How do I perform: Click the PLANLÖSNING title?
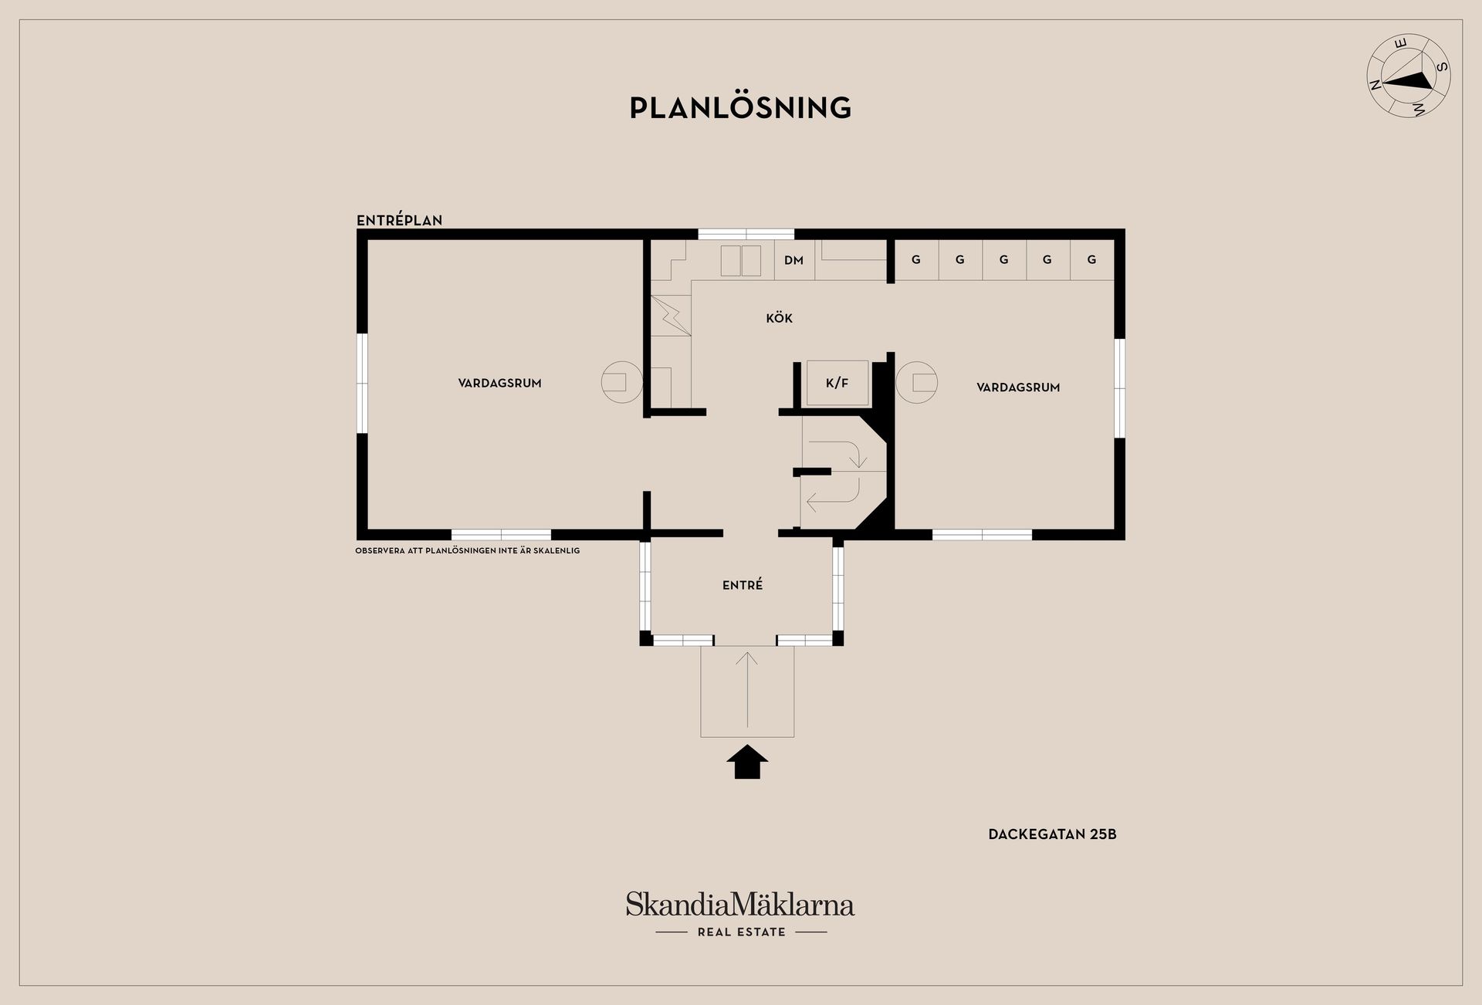tap(740, 108)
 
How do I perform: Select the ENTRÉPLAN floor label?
tap(399, 220)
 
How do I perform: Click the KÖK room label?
tap(779, 318)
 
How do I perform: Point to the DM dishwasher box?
tap(794, 260)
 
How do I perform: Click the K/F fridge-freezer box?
tap(837, 383)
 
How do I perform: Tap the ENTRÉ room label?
tap(743, 585)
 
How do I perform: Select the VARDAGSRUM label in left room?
tap(499, 383)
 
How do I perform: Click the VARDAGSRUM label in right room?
tap(1018, 387)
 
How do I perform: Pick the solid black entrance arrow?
tap(746, 762)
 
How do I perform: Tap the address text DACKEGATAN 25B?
tap(1052, 834)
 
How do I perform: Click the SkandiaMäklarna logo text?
tap(739, 904)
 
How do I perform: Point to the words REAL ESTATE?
tap(741, 932)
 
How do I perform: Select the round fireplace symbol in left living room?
tap(621, 382)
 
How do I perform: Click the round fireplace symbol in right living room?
tap(917, 382)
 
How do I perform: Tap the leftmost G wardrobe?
tap(916, 260)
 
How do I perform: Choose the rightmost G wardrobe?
tap(1091, 260)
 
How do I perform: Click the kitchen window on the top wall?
tap(746, 234)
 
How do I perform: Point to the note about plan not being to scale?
tap(467, 551)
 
